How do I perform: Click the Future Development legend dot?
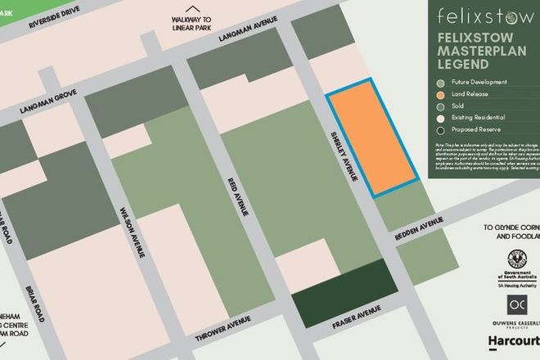[443, 82]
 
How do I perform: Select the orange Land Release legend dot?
[443, 93]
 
